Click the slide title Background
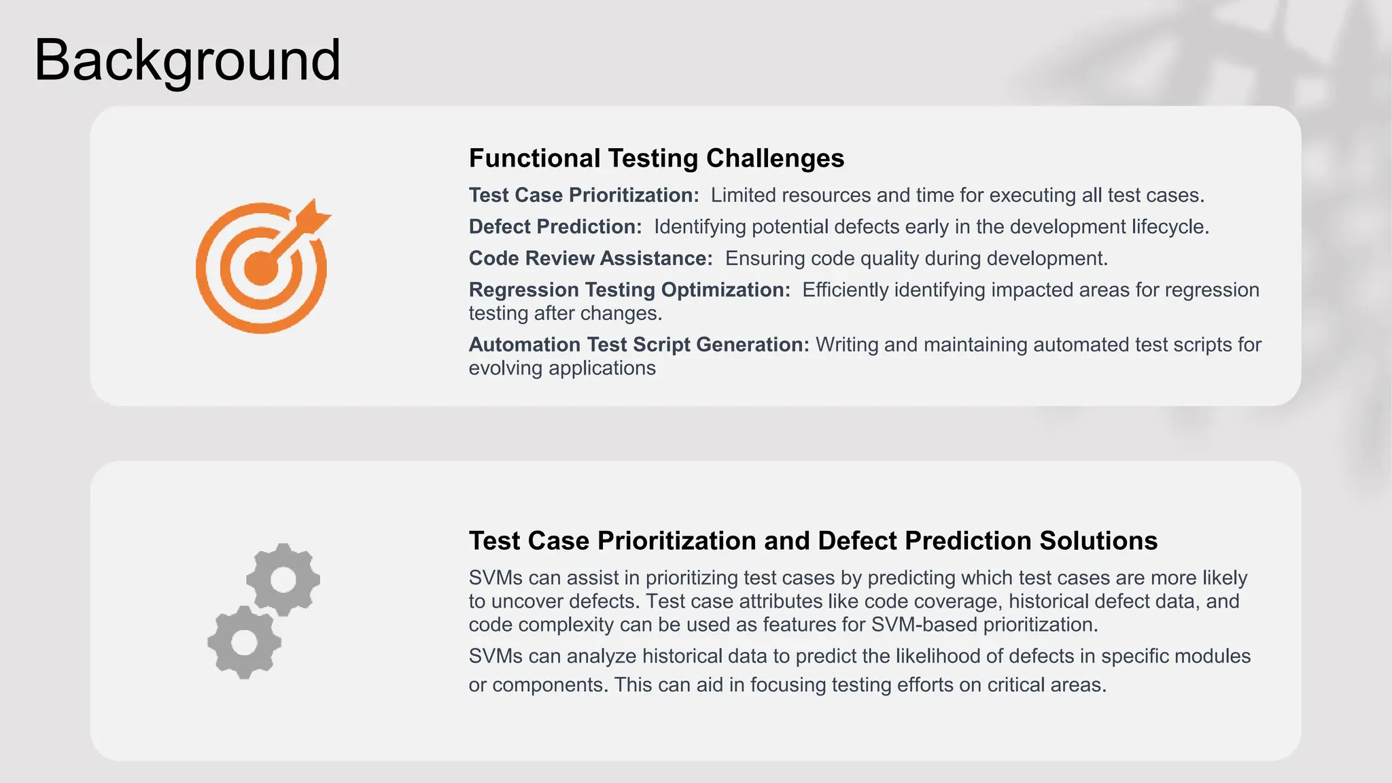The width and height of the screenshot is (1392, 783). tap(187, 61)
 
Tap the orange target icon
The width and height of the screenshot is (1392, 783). tap(261, 268)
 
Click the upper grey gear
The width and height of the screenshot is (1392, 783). tap(283, 580)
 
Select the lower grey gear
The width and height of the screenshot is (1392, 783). tap(244, 642)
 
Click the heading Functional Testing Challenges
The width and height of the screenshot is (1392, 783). tap(656, 158)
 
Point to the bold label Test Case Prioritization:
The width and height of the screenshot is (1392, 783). tap(583, 195)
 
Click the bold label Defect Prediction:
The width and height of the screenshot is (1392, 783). tap(555, 227)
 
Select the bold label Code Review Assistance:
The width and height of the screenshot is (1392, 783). tap(590, 258)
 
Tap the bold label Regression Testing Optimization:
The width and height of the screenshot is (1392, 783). tap(629, 290)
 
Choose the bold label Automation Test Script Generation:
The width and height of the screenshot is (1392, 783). tap(638, 345)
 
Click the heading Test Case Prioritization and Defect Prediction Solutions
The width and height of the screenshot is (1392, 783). tap(813, 541)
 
